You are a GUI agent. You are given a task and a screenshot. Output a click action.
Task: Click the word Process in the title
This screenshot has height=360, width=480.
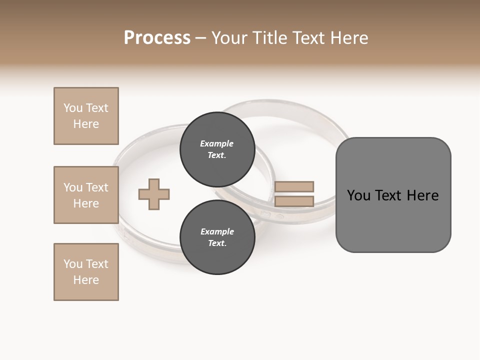click(157, 38)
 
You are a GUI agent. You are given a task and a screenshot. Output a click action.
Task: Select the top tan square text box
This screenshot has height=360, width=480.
click(86, 116)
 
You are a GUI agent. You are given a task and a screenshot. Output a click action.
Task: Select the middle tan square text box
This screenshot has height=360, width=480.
click(86, 195)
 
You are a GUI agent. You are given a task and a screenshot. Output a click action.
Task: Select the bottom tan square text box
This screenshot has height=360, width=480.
click(86, 272)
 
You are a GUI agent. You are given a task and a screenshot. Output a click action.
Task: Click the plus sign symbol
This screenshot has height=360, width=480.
click(154, 194)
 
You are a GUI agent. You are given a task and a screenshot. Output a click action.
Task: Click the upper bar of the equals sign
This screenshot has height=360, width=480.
click(294, 186)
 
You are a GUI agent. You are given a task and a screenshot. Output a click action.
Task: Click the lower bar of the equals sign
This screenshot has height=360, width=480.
click(294, 201)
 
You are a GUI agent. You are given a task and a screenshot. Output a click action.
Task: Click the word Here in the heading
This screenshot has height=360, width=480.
click(348, 38)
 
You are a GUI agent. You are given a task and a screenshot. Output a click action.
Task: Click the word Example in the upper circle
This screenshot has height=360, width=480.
click(217, 143)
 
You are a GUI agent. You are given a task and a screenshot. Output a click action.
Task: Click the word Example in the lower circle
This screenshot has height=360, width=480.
click(217, 231)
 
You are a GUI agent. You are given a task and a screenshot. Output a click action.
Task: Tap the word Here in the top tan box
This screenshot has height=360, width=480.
click(86, 124)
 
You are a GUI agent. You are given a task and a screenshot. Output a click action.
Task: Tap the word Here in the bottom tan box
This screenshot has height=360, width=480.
click(86, 280)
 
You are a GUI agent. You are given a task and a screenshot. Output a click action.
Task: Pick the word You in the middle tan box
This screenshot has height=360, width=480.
click(72, 187)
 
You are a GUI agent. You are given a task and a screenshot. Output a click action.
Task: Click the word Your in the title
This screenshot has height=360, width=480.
click(231, 38)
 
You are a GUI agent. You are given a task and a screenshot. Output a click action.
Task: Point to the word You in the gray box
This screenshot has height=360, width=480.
click(358, 195)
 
